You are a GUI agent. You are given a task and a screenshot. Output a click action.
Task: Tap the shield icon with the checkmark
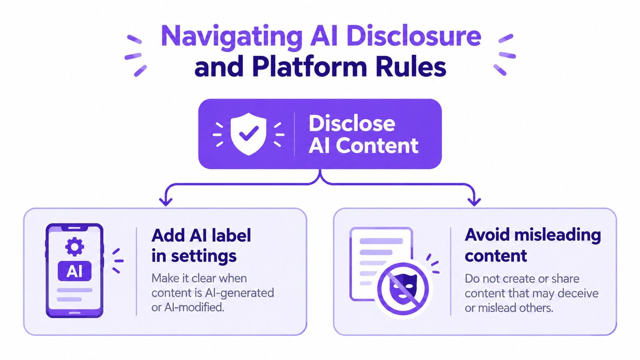pos(248,134)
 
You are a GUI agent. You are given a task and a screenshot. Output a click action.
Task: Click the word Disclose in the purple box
pos(352,123)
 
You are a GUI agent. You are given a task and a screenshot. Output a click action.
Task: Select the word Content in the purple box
pos(377,146)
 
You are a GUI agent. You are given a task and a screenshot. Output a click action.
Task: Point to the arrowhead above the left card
pos(166,202)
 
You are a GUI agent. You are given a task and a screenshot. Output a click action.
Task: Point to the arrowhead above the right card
pos(474,202)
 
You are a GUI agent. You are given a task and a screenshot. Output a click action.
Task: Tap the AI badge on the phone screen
pos(75,271)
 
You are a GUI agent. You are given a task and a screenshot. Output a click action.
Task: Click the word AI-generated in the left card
pos(240,293)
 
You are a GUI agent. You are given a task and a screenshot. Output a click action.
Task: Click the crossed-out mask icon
pos(403,289)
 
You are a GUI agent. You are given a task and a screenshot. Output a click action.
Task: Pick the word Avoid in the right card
pos(487,235)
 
